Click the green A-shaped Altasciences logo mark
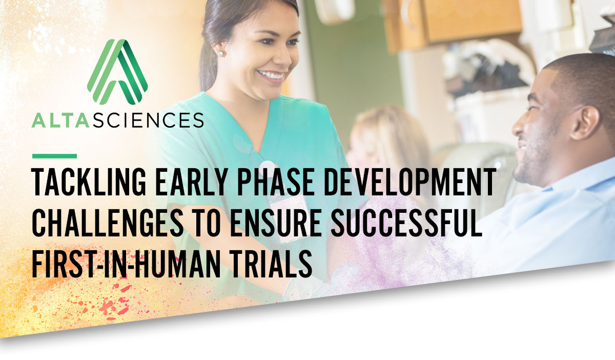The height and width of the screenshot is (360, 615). click(x=117, y=72)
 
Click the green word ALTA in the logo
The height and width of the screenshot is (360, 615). click(x=60, y=121)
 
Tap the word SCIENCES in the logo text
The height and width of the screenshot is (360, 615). click(x=148, y=121)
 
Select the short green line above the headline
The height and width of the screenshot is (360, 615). click(x=54, y=156)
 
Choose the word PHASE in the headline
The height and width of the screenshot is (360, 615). click(x=276, y=182)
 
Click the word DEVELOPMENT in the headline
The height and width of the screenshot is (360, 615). click(x=410, y=182)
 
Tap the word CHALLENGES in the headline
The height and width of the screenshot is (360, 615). click(x=108, y=223)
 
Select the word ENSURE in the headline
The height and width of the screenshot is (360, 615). click(x=276, y=223)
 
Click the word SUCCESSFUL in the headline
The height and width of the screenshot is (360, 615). click(x=406, y=223)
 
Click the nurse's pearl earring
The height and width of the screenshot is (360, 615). click(x=221, y=53)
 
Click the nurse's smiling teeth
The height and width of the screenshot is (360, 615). click(x=271, y=75)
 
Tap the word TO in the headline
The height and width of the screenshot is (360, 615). click(x=207, y=223)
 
